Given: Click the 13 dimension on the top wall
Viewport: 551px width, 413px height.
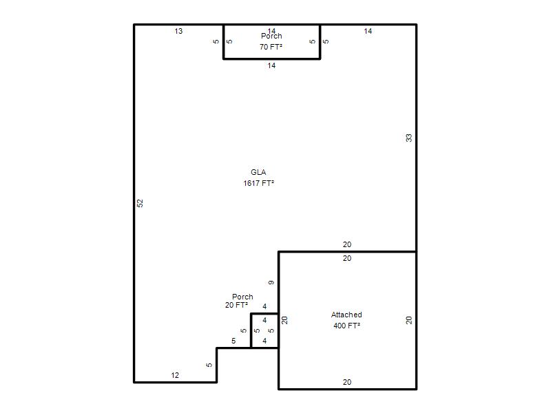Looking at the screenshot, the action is coord(178,31).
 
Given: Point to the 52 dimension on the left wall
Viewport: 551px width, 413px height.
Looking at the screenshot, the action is coord(140,203).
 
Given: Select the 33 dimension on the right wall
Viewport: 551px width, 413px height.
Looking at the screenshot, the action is coord(408,138).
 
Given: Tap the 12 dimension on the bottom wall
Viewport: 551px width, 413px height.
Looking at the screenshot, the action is coord(175,375).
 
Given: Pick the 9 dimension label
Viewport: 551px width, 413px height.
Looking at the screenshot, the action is coord(271,283).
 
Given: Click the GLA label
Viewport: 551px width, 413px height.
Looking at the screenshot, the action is coord(258,172).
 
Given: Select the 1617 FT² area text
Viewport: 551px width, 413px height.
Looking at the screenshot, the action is coord(259,183).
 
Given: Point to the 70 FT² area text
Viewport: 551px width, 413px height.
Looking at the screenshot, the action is coord(271,47).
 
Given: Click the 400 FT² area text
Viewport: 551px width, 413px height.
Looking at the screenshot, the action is coord(347,326).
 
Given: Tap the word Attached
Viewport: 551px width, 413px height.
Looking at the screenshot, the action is coord(346,315).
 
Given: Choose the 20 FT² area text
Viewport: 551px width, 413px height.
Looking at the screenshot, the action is coord(236,305).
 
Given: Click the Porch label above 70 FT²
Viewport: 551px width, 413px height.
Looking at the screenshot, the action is coord(271,36).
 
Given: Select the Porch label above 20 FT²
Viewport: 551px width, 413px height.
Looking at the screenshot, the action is coord(242,297).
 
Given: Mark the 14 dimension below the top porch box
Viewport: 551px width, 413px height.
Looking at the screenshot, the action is coord(271,65).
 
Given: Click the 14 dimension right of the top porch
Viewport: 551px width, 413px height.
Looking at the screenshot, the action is coord(368,31).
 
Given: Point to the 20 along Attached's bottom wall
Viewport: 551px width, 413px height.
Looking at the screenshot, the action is coord(347,383).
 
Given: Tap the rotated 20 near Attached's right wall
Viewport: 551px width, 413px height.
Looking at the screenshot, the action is coord(408,320).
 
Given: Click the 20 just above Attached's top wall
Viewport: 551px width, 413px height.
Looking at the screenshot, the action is coord(347,245).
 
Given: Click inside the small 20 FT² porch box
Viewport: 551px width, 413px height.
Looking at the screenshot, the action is coord(264,330).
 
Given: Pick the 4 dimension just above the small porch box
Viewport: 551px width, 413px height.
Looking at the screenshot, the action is coord(264,306).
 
